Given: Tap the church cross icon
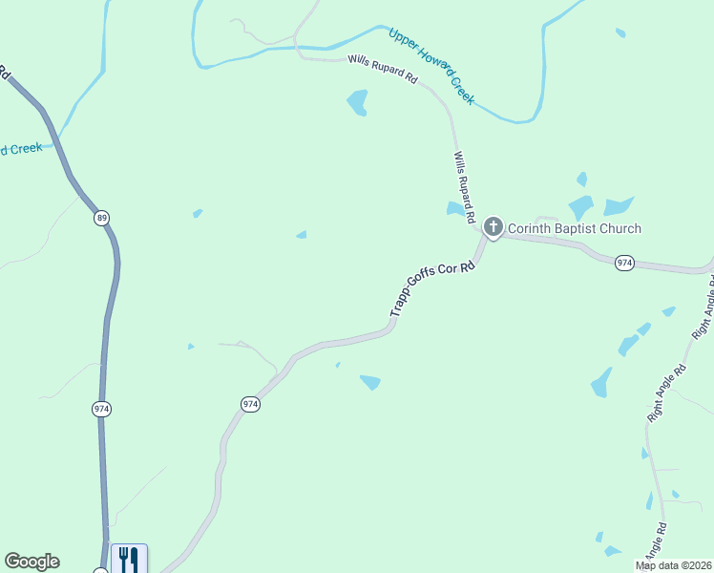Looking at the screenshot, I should tap(493, 227).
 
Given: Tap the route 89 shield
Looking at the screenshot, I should tap(102, 219).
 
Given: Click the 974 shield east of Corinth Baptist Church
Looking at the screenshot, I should tap(624, 263).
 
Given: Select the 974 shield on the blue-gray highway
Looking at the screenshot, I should tap(102, 409).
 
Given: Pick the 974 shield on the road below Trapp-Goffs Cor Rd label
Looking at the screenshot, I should tap(250, 404).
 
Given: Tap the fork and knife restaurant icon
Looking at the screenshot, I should tap(129, 558).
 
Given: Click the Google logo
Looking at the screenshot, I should tap(31, 562).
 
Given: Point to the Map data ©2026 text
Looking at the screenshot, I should tap(672, 565).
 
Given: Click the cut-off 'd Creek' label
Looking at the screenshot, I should tap(21, 149).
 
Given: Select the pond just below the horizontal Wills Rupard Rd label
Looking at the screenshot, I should tap(358, 101).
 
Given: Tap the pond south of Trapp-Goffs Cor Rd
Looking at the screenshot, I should tap(369, 382).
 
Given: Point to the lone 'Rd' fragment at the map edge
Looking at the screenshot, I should tap(4, 73).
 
